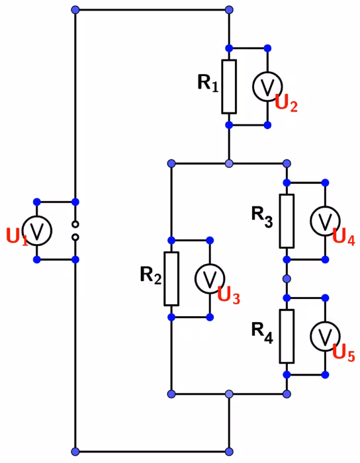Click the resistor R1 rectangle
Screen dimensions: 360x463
[x=229, y=87]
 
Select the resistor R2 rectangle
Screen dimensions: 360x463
[x=171, y=278]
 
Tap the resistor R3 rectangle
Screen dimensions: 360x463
[x=287, y=221]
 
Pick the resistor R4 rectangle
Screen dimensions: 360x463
[x=287, y=336]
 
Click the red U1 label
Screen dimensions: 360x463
[x=17, y=237]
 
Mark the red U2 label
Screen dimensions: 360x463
[x=286, y=104]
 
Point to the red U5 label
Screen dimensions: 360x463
[x=343, y=353]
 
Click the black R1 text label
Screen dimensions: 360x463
[x=208, y=83]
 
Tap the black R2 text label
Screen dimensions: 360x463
[x=151, y=275]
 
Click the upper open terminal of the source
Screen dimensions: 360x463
[x=75, y=224]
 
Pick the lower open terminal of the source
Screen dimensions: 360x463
[x=75, y=237]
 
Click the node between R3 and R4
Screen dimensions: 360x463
[x=287, y=278]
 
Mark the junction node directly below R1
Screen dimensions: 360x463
[x=229, y=163]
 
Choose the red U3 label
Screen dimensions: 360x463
[x=228, y=296]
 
